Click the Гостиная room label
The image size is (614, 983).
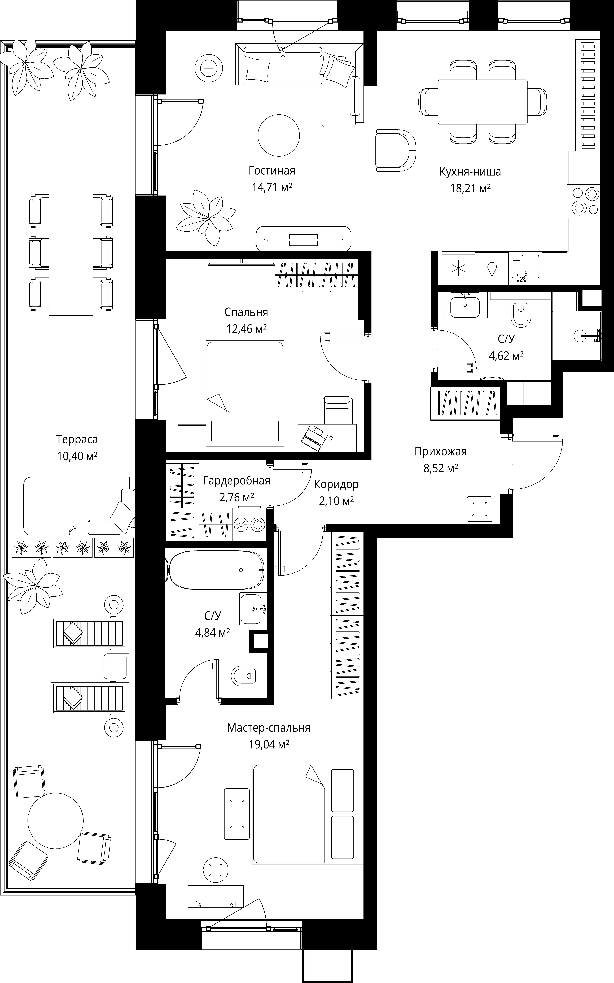[x=272, y=171]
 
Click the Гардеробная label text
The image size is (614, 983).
[x=236, y=481]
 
